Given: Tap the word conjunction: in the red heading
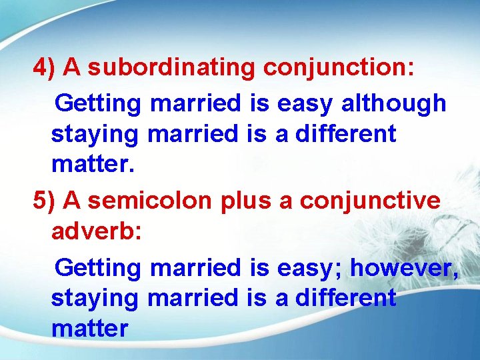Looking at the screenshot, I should (x=339, y=68).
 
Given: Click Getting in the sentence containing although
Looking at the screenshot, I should (x=98, y=104).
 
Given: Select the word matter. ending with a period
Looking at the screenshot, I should (x=93, y=163).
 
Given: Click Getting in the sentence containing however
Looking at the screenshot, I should (x=98, y=268).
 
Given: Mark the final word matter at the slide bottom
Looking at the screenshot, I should (x=89, y=327).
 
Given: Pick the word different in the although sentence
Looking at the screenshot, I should (x=345, y=133).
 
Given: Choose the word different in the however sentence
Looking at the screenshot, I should (x=345, y=297).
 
